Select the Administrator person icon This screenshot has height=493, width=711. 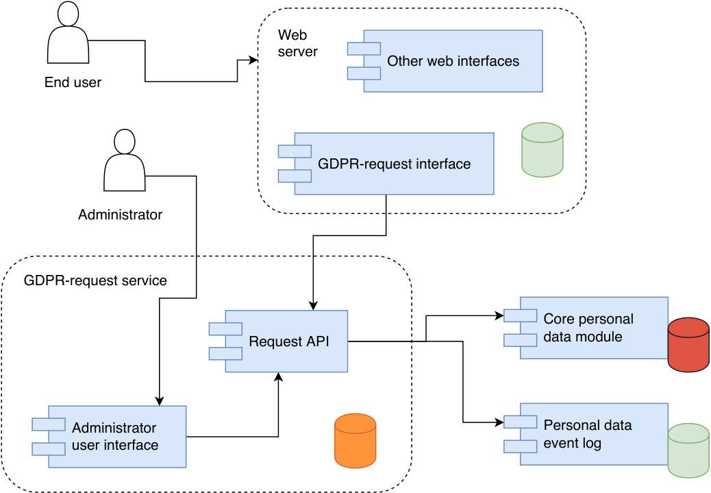(125, 160)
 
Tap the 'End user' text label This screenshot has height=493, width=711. (73, 82)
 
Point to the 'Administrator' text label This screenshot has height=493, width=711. (120, 214)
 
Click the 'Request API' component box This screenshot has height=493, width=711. (278, 341)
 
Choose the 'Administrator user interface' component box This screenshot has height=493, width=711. (109, 437)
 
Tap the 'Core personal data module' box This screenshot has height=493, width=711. (586, 328)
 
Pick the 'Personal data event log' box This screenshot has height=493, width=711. (586, 434)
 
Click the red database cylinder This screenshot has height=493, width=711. (688, 345)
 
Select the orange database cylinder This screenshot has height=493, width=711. (355, 441)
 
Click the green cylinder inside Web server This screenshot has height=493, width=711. (542, 149)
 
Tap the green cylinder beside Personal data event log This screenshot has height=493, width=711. (688, 450)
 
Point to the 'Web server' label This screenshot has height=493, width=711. (297, 43)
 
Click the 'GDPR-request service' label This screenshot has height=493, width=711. (95, 280)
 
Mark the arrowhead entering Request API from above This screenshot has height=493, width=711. (313, 306)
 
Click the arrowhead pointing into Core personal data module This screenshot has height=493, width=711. (499, 315)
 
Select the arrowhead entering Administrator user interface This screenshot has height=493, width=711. (159, 400)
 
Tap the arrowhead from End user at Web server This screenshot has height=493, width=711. (253, 60)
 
